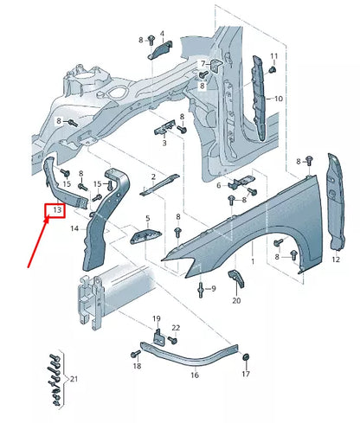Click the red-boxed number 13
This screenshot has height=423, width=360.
click(55, 210)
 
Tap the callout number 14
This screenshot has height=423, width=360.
click(74, 228)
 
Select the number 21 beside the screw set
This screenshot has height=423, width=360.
click(73, 379)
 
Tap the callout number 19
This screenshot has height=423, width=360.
click(157, 318)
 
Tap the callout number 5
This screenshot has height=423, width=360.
click(147, 219)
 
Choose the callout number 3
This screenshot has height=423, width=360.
click(163, 144)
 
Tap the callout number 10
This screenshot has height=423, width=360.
click(279, 99)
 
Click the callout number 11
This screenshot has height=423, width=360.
click(273, 57)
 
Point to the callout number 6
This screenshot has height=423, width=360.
click(219, 184)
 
